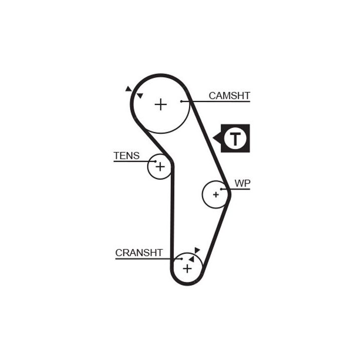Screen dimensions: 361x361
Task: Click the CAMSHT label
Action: tap(229, 95)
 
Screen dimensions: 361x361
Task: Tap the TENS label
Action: tap(126, 156)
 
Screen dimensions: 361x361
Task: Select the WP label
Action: tap(242, 184)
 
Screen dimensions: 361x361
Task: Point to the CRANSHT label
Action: tap(139, 253)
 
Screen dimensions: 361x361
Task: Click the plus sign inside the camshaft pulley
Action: tap(160, 104)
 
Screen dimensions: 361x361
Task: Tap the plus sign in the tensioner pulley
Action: tap(159, 166)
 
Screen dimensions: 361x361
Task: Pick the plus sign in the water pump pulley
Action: tap(216, 194)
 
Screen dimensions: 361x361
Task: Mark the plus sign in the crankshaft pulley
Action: tap(187, 269)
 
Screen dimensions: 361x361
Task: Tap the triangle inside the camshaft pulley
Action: tap(140, 95)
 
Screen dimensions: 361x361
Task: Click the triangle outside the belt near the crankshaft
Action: tap(197, 250)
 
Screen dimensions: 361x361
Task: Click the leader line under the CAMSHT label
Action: tap(221, 102)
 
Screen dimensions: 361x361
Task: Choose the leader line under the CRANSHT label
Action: tap(145, 259)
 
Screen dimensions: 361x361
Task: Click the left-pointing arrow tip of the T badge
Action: tap(215, 138)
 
